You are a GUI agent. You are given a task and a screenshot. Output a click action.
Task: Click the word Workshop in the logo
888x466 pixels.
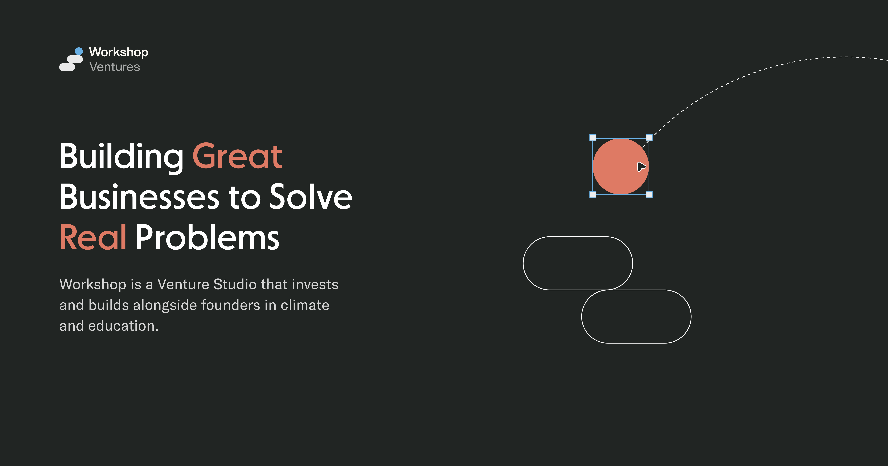[119, 52]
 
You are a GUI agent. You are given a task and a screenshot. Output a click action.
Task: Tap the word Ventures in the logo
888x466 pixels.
[114, 67]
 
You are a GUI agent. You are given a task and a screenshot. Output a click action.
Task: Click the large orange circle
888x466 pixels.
[617, 166]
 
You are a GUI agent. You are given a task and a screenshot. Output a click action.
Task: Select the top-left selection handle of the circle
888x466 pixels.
[593, 138]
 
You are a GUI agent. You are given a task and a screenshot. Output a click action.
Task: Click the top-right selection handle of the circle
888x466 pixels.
[649, 138]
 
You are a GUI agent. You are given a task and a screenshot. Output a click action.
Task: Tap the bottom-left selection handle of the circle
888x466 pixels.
[593, 195]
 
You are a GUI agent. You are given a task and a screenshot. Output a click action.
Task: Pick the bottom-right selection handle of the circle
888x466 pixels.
[649, 195]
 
